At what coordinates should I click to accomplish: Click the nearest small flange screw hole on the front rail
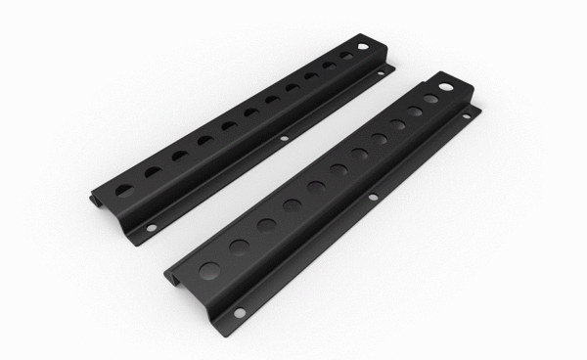[238, 313]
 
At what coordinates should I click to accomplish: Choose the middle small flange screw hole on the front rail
[373, 199]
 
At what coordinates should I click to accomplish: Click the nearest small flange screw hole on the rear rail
[151, 228]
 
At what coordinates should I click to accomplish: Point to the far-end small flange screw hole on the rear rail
[384, 70]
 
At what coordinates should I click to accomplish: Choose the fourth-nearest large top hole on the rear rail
[205, 140]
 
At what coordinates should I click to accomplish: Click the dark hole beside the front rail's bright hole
[430, 100]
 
